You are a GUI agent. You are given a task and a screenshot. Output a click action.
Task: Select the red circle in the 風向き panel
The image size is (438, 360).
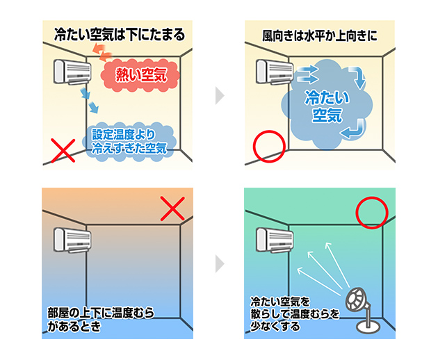click(268, 147)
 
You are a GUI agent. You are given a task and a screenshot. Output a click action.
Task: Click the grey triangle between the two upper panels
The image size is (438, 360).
click(219, 96)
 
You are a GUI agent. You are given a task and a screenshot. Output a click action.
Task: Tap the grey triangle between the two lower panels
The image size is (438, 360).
click(219, 263)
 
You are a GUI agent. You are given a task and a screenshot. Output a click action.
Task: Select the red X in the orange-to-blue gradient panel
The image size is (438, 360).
click(173, 208)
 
